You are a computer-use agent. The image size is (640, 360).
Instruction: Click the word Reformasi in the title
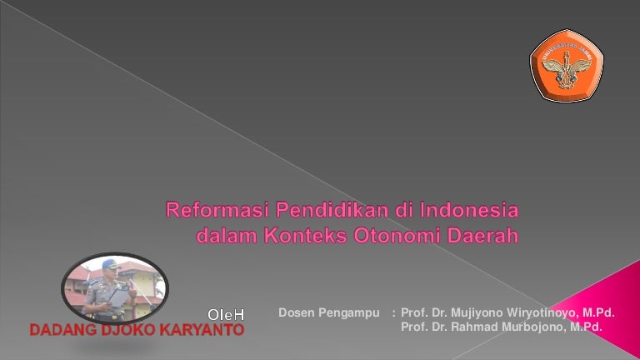[218, 210]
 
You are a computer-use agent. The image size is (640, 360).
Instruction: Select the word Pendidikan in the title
[332, 210]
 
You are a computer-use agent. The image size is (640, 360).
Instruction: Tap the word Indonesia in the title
[469, 210]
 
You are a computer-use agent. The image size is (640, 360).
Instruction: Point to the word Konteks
[305, 236]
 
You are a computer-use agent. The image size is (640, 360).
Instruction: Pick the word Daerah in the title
[482, 236]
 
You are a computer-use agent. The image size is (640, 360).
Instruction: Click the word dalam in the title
[227, 236]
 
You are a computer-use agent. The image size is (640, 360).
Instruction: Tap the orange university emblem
[567, 65]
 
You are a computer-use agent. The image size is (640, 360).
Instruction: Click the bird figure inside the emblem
[567, 69]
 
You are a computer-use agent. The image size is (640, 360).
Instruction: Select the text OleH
[226, 315]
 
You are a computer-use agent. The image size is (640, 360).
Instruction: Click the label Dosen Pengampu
[329, 313]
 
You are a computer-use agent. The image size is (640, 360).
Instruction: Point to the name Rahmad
[474, 327]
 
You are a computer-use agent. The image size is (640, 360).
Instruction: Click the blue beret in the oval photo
[110, 263]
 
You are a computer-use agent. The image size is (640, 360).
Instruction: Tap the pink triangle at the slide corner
[608, 306]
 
